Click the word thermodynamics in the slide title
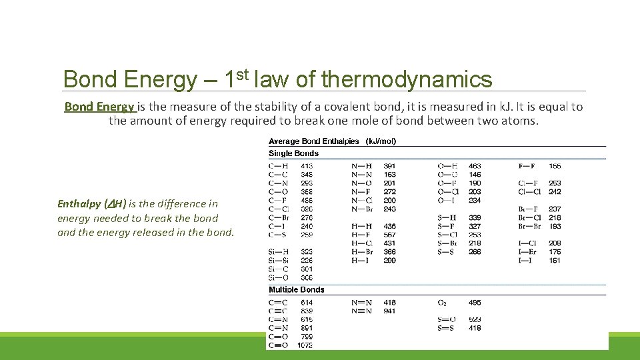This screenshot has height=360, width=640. [x=406, y=80]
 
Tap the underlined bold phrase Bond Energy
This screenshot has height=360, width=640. [x=100, y=107]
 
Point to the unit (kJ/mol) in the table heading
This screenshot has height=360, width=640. [x=381, y=141]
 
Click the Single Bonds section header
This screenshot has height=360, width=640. [x=293, y=153]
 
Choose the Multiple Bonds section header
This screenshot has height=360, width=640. [x=297, y=290]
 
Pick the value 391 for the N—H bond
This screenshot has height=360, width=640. [x=390, y=166]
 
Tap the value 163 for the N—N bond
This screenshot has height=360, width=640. [x=390, y=175]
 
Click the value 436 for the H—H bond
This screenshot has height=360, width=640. [x=390, y=227]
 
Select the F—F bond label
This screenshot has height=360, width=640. [x=527, y=166]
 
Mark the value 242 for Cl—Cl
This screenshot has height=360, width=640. [x=555, y=192]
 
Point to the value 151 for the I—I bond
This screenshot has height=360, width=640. [x=555, y=261]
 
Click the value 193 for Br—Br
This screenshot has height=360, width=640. [x=555, y=227]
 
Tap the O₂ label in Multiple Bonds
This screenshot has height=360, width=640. [x=442, y=303]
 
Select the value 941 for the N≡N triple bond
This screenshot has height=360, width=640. [x=390, y=311]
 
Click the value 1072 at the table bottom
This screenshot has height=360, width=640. [x=305, y=345]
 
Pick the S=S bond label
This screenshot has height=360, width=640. [x=447, y=328]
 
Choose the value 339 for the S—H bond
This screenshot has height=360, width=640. [x=475, y=218]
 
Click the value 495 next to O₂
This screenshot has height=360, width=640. [x=475, y=303]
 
